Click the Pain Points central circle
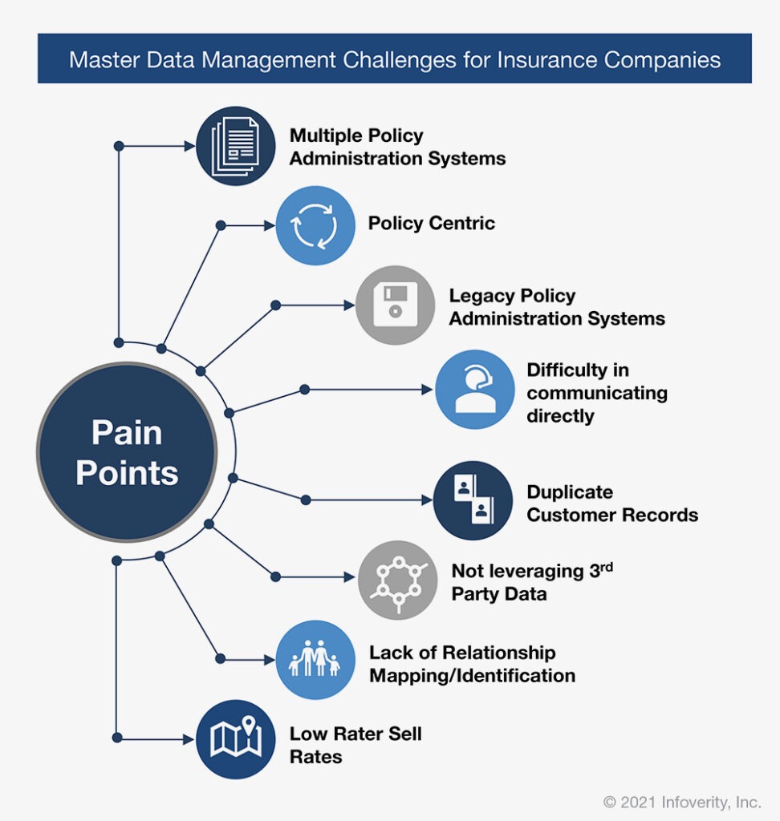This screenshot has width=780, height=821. [x=127, y=452]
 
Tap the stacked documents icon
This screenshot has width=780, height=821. [x=235, y=146]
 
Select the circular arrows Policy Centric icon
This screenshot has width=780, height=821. [x=315, y=225]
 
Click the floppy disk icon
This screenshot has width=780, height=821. [x=396, y=305]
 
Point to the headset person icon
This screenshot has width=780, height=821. [x=475, y=390]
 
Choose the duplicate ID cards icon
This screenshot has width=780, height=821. [x=473, y=500]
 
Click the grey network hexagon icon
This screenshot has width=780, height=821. [x=398, y=580]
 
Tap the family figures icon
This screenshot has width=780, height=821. [x=315, y=660]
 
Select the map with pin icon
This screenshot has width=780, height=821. [x=235, y=739]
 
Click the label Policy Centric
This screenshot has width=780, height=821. [x=432, y=223]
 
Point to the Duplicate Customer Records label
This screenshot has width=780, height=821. [x=612, y=504]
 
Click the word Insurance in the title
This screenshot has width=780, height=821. [x=546, y=59]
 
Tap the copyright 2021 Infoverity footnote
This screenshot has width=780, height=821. [x=682, y=802]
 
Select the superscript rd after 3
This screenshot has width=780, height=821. [x=607, y=567]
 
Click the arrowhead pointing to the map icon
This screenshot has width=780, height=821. [x=189, y=739]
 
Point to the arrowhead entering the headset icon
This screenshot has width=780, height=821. [x=428, y=390]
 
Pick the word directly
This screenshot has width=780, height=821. [x=560, y=416]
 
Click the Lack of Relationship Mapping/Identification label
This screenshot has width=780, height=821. [x=473, y=664]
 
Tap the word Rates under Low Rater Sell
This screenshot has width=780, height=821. [x=316, y=757]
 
